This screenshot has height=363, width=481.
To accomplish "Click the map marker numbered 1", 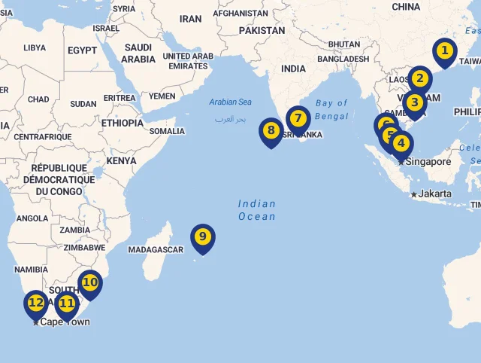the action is (444, 51).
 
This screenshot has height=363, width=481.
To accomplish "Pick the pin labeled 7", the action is (298, 118).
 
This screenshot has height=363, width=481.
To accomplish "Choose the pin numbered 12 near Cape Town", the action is (35, 304).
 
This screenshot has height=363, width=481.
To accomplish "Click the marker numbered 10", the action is (89, 283).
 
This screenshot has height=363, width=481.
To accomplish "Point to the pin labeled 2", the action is (419, 78).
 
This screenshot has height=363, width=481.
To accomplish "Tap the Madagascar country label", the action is (156, 249).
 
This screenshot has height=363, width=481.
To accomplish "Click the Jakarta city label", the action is (435, 194).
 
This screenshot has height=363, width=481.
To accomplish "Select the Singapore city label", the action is (428, 161).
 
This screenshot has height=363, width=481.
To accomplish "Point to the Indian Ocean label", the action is (257, 210).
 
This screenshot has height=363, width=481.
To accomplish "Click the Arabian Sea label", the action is (230, 102).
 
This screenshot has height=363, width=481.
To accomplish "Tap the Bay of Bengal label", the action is (331, 109).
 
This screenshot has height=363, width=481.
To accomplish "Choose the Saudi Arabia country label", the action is (138, 53).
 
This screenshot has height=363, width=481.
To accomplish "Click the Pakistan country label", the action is (262, 31).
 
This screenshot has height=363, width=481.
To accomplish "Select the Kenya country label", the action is (121, 160).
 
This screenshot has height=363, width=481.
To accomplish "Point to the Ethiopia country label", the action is (121, 123).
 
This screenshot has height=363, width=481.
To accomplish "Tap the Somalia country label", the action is (167, 131).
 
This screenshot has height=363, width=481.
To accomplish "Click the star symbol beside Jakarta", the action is (413, 194).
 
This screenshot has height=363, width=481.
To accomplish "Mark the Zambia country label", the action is (74, 230).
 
